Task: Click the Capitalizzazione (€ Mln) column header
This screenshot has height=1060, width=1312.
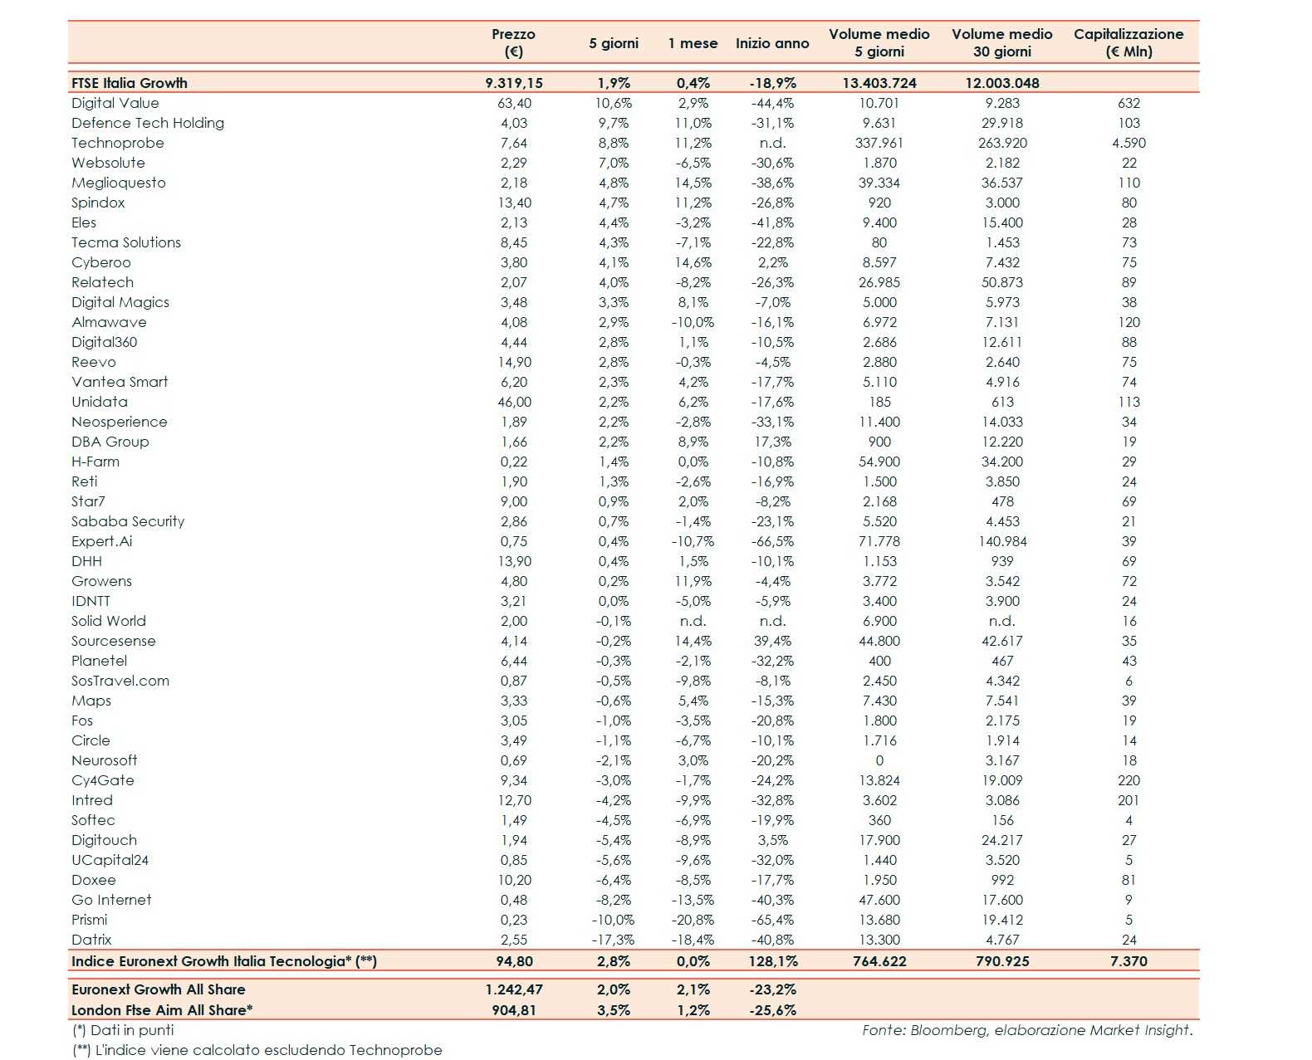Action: (1128, 42)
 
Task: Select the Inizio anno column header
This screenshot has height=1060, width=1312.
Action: (771, 43)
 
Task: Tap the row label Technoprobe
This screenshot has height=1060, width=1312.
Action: (118, 143)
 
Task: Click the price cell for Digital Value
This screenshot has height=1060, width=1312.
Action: (514, 103)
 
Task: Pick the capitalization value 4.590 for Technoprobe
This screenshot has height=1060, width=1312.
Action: (1128, 143)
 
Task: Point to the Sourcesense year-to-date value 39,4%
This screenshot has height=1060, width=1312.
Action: (772, 641)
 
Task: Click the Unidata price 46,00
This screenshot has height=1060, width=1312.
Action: (514, 402)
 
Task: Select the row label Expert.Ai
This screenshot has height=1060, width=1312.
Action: (101, 541)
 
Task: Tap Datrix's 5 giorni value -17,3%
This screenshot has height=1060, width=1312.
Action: (614, 940)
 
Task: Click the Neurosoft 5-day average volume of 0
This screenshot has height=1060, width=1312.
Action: (879, 760)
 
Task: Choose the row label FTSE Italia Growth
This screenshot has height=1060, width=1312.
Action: (130, 83)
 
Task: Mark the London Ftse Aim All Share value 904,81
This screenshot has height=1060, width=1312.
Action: (514, 1010)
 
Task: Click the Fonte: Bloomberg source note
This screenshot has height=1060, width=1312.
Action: (1026, 1030)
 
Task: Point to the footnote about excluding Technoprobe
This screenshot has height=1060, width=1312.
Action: (257, 1050)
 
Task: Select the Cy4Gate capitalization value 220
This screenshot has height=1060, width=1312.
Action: (1128, 780)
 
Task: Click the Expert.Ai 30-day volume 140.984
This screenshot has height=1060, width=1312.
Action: (1002, 541)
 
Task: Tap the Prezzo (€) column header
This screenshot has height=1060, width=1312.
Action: (513, 42)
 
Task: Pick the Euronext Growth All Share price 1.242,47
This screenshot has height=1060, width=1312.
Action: (514, 989)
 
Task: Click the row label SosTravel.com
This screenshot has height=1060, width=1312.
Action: (120, 681)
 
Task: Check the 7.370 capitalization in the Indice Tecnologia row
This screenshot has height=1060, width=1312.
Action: (1128, 961)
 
